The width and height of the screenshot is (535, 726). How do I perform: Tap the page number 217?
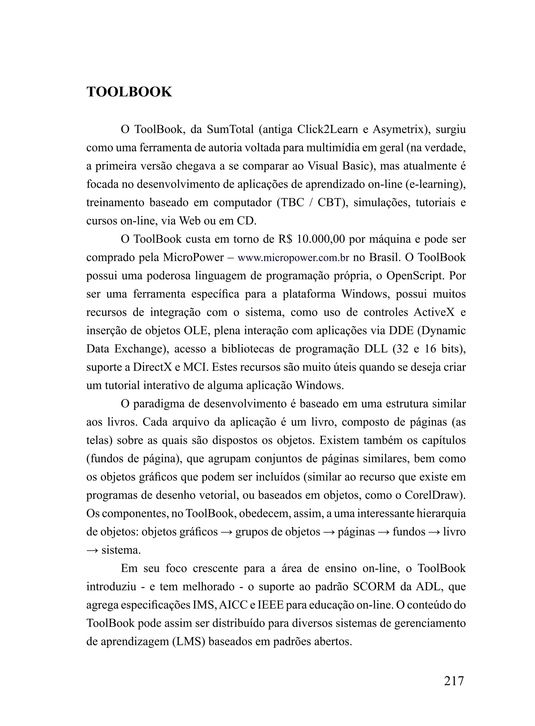point(453,680)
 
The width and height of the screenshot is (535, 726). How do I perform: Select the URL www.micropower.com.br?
point(293,258)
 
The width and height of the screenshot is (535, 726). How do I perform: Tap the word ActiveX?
point(434,313)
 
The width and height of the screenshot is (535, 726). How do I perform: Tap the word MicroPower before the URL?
point(193,258)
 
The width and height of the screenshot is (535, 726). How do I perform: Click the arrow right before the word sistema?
point(92,550)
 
